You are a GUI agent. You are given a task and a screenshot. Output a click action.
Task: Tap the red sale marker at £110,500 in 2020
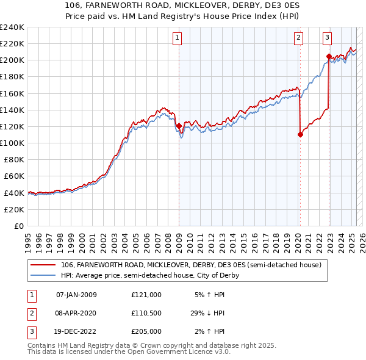coord(300,134)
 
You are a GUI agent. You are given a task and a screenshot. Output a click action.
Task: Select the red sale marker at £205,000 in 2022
coord(329,56)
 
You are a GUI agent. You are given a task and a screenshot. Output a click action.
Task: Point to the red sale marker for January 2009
coord(179,126)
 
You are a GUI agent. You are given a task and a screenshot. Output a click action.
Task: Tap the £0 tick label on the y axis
coord(18,226)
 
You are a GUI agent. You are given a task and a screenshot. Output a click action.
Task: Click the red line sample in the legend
coord(43,265)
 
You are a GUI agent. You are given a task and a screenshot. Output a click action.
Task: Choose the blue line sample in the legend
coord(43,275)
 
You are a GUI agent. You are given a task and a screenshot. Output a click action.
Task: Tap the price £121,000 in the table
coord(146,295)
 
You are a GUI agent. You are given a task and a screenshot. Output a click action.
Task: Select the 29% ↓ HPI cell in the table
coord(207,313)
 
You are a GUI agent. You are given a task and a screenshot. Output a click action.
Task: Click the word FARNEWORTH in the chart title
coord(114,5)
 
